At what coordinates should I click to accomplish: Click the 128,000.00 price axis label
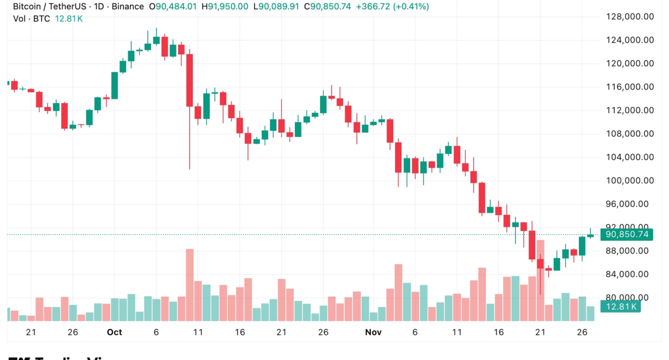pyautogui.click(x=630, y=16)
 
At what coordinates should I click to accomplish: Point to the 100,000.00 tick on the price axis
pyautogui.click(x=630, y=181)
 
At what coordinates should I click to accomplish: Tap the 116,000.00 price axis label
pyautogui.click(x=630, y=87)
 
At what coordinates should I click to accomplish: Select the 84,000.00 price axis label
pyautogui.click(x=630, y=274)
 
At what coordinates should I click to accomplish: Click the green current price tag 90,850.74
pyautogui.click(x=626, y=235)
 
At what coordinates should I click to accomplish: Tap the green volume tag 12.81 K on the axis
pyautogui.click(x=622, y=307)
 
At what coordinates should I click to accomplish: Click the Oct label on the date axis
pyautogui.click(x=114, y=332)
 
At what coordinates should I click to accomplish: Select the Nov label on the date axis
pyautogui.click(x=373, y=332)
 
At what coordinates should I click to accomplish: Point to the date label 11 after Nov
pyautogui.click(x=456, y=332)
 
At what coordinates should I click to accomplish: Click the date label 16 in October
pyautogui.click(x=240, y=332)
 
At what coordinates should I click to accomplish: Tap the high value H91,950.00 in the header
pyautogui.click(x=225, y=7)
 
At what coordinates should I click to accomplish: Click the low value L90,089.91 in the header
pyautogui.click(x=278, y=7)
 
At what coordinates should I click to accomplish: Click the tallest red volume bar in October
pyautogui.click(x=189, y=285)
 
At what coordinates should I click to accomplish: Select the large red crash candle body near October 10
pyautogui.click(x=189, y=80)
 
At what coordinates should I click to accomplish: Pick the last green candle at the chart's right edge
pyautogui.click(x=590, y=236)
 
